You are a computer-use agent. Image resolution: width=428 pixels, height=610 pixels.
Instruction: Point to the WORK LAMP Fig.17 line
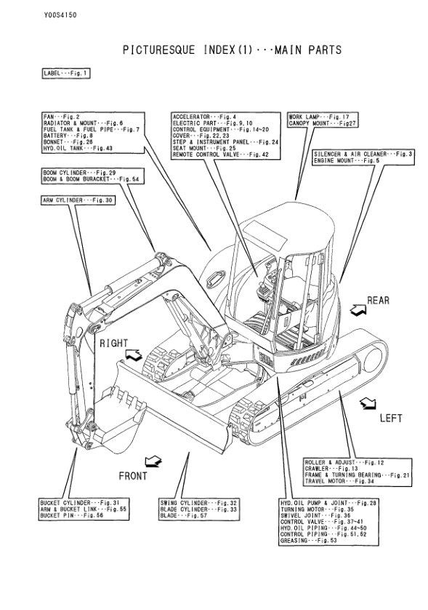click(319, 116)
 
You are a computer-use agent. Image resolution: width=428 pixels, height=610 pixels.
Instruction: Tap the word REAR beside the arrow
click(379, 299)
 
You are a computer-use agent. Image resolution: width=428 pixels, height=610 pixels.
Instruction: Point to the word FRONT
click(133, 475)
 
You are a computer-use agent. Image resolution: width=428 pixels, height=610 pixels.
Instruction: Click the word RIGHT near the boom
click(113, 342)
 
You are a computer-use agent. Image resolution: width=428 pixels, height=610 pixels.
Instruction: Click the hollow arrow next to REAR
click(358, 309)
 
